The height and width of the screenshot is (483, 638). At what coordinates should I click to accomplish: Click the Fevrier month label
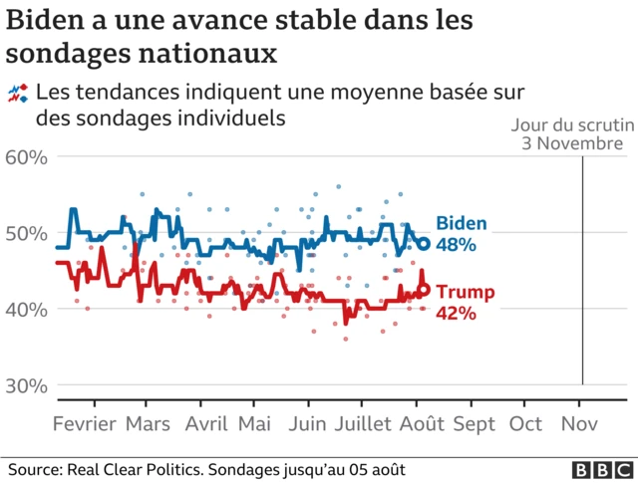(x=85, y=423)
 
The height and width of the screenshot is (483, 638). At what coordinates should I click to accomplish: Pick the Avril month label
(x=206, y=423)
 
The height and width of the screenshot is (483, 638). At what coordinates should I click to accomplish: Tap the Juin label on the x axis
(x=310, y=423)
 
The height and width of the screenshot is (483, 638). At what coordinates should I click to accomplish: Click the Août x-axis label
(x=422, y=423)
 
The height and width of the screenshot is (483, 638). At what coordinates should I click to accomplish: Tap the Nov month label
(x=579, y=423)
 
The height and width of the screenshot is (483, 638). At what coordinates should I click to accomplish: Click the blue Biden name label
(x=461, y=222)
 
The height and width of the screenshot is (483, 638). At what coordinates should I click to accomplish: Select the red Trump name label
(x=466, y=292)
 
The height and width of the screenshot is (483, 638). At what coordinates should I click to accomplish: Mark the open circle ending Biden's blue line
(x=423, y=244)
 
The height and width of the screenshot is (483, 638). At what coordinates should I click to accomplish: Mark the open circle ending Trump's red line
(x=423, y=290)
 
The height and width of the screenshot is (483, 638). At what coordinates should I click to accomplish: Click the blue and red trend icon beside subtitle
(x=17, y=94)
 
